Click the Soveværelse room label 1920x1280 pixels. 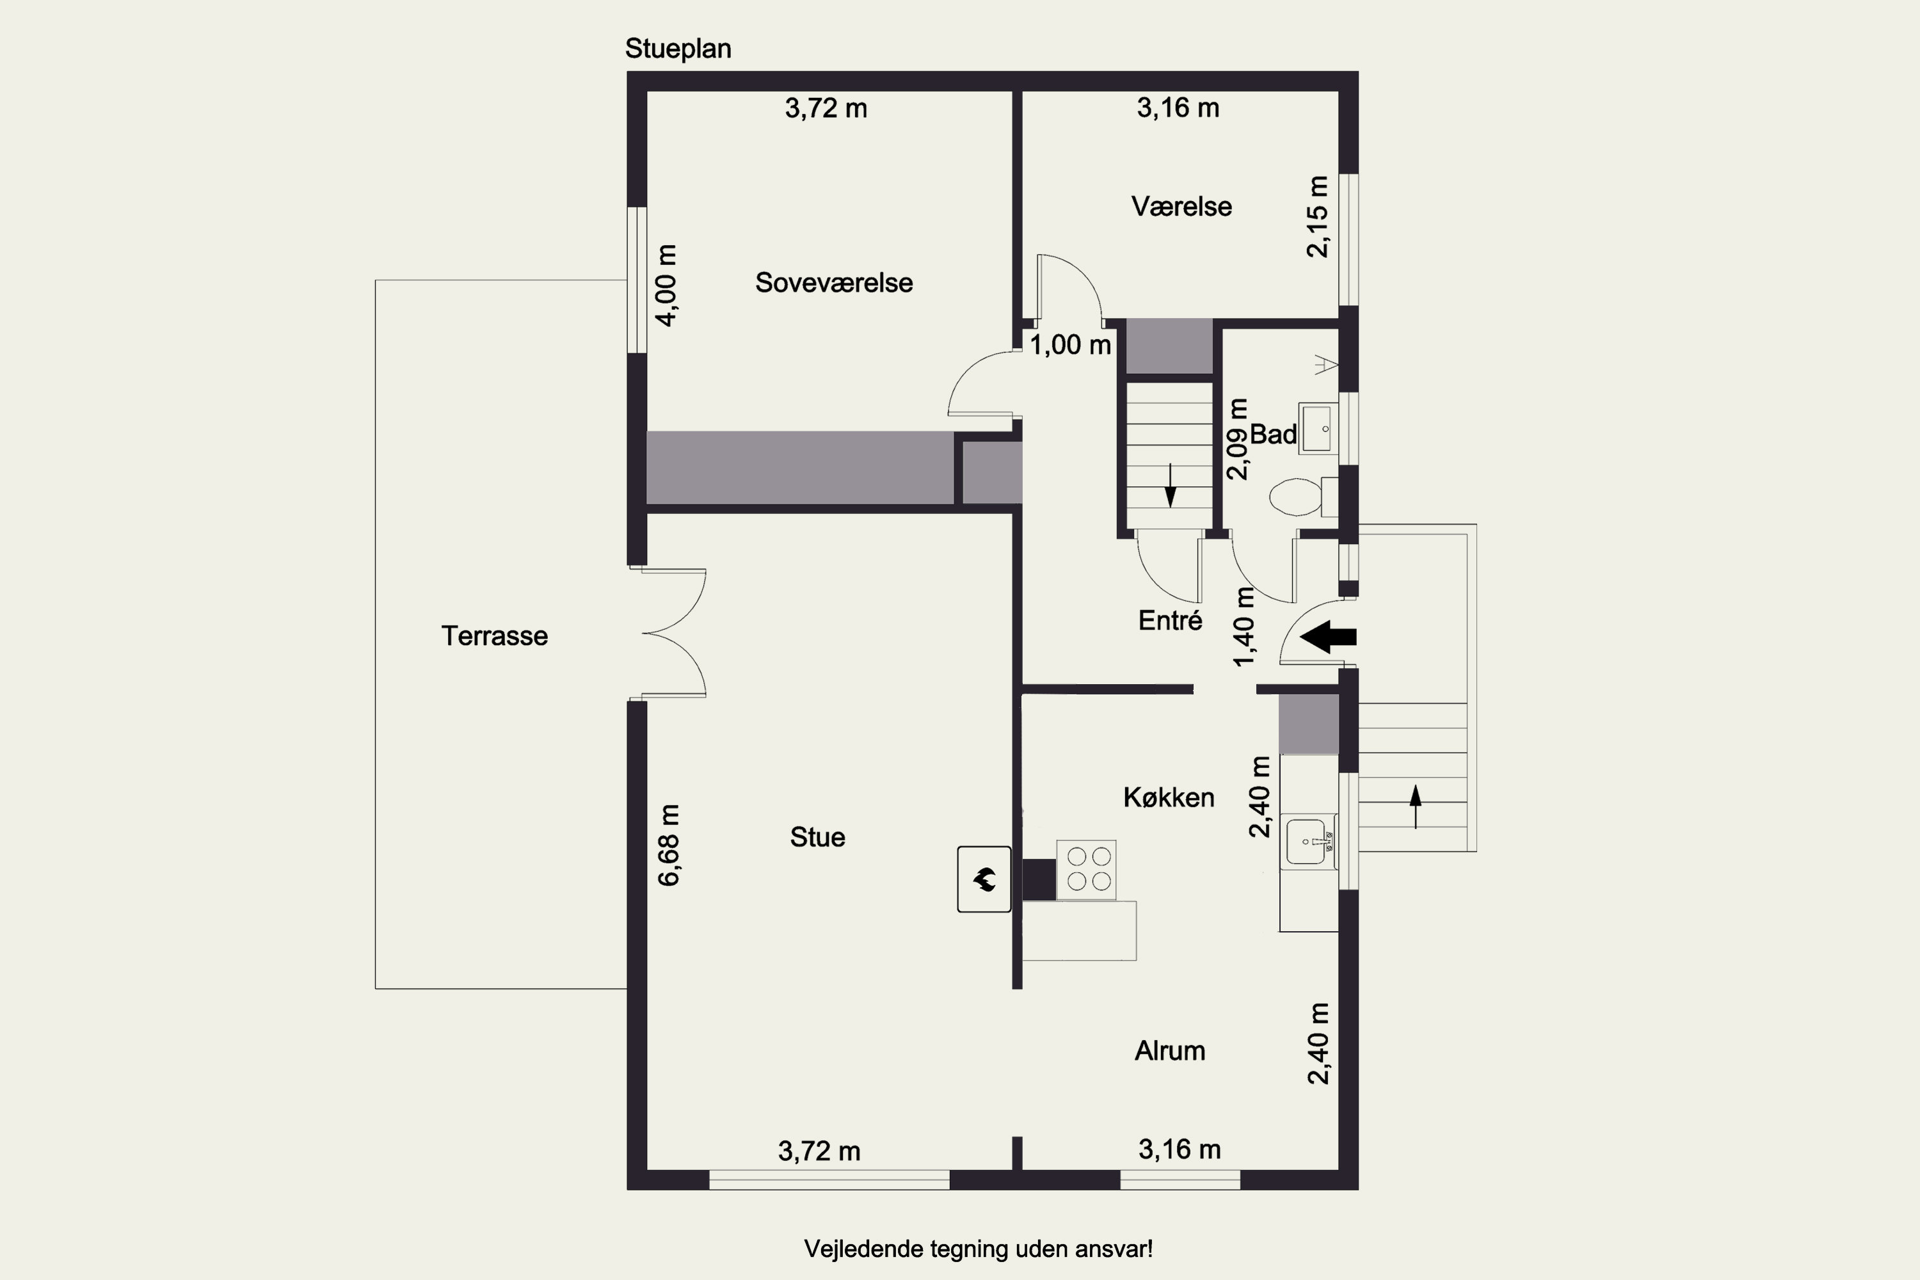click(x=833, y=282)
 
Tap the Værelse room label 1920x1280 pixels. click(x=1181, y=207)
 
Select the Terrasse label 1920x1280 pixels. click(x=495, y=636)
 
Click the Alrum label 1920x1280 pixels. click(x=1170, y=1051)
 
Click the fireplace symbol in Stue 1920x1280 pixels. click(x=984, y=879)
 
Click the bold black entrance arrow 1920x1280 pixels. click(x=1328, y=637)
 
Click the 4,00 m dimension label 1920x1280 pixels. click(x=666, y=285)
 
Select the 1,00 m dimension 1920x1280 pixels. click(x=1070, y=346)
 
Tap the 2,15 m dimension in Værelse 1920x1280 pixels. click(x=1318, y=216)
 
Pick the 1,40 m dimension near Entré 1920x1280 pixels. click(x=1244, y=626)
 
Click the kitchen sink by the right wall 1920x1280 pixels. click(x=1309, y=842)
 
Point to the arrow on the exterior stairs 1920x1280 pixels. click(x=1416, y=806)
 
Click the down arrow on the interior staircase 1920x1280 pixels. click(x=1170, y=485)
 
